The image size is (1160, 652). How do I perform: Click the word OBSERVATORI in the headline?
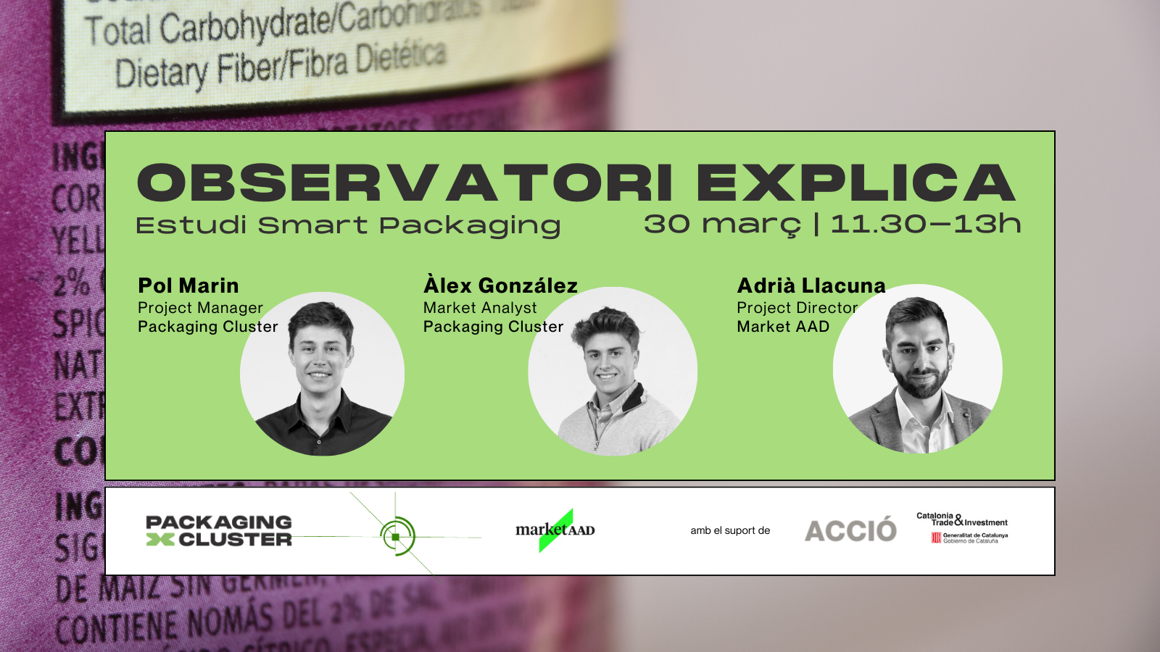[x=405, y=183]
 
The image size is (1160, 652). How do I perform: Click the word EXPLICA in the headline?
[x=855, y=183]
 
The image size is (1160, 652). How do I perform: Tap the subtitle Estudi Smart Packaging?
[x=348, y=226]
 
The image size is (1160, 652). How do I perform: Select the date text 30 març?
[x=722, y=225]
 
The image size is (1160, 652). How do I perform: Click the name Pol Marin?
[x=188, y=285]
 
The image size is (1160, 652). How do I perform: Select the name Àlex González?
[x=500, y=285]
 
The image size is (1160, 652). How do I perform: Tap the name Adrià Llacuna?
[x=811, y=285]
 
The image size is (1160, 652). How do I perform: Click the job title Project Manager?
[x=200, y=308]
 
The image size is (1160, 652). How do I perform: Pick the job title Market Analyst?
[x=480, y=308]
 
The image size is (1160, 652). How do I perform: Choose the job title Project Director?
[x=797, y=308]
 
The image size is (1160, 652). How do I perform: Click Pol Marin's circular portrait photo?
[x=322, y=374]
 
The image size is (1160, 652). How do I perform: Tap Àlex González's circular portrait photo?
[x=613, y=372]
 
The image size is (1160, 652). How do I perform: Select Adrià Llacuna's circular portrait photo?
[x=918, y=369]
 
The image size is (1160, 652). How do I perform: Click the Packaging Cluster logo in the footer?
[x=219, y=531]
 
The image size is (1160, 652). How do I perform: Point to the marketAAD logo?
[x=555, y=530]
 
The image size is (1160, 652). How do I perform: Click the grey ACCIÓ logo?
[x=850, y=531]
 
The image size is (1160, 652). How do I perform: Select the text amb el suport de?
[x=730, y=530]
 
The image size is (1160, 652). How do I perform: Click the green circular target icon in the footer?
[x=397, y=536]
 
